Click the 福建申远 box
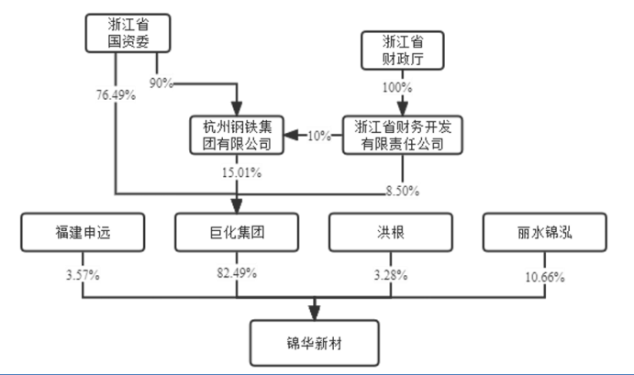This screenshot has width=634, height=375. [82, 233]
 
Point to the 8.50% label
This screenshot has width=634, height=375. [401, 192]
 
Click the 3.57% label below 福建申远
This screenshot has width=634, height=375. [82, 273]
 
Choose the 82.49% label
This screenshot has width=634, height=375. [238, 273]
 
